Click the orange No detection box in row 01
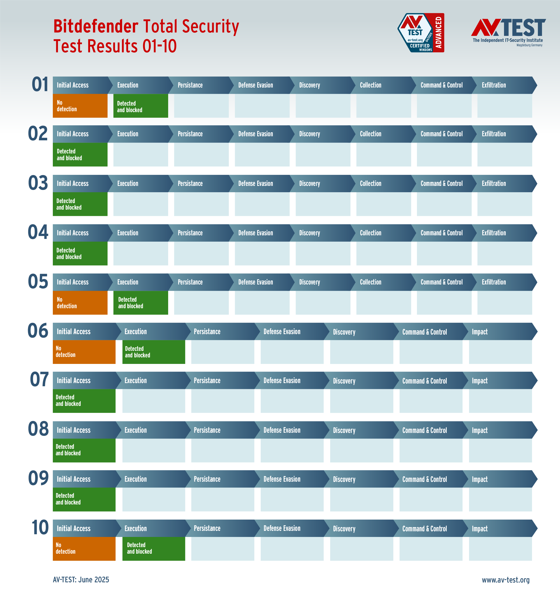(x=80, y=106)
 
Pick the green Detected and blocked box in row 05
(x=141, y=303)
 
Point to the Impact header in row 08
(x=479, y=430)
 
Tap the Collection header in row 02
(x=370, y=134)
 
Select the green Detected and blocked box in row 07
(x=84, y=401)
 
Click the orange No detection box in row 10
(x=84, y=548)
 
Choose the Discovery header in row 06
(x=344, y=332)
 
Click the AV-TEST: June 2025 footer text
(x=81, y=579)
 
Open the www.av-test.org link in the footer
(x=506, y=580)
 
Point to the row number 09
(x=38, y=478)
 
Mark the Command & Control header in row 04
(x=441, y=233)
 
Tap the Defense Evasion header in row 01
(x=256, y=85)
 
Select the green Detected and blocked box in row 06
(x=153, y=352)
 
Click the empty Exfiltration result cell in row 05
(x=504, y=303)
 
